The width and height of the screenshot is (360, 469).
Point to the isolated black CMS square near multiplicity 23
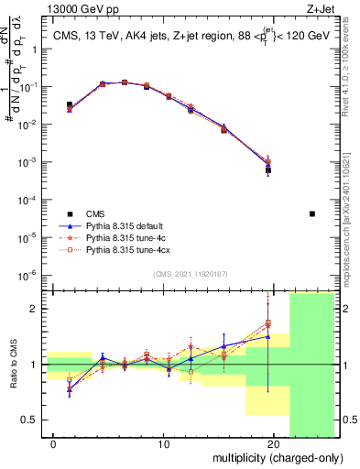click(312, 213)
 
